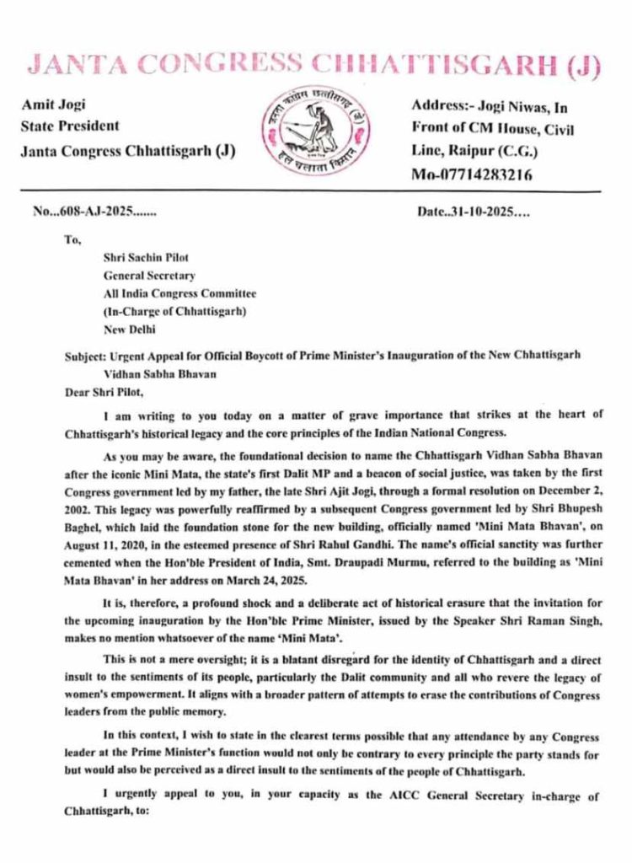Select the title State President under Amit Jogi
click(69, 126)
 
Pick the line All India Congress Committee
click(179, 293)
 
